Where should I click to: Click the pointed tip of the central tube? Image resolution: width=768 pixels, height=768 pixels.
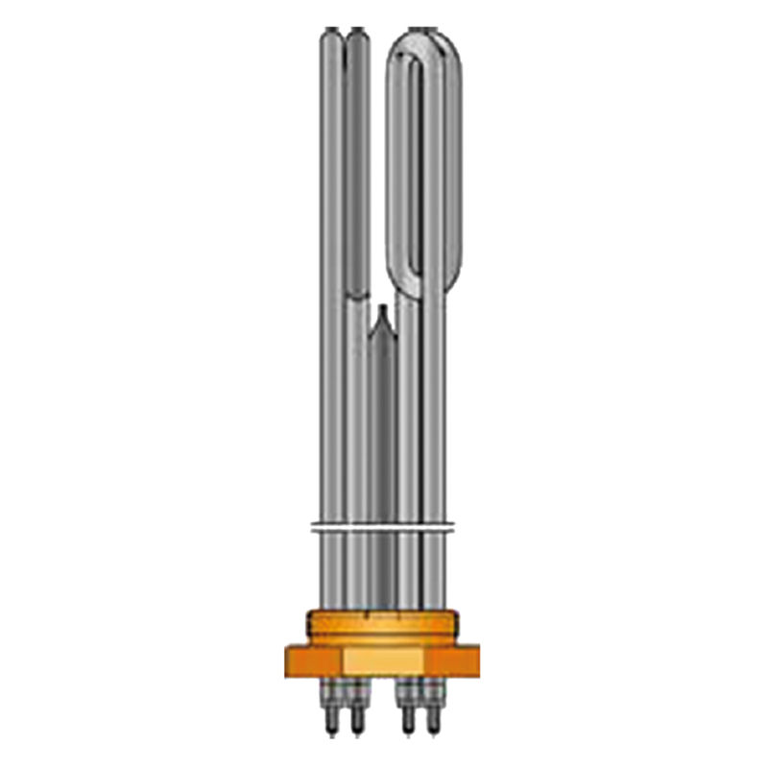382,312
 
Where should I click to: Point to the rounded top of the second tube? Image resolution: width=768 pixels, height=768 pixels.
356,38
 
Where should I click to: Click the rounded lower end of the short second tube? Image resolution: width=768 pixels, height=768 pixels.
356,288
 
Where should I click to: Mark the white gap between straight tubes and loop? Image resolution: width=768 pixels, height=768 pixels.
378,173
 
